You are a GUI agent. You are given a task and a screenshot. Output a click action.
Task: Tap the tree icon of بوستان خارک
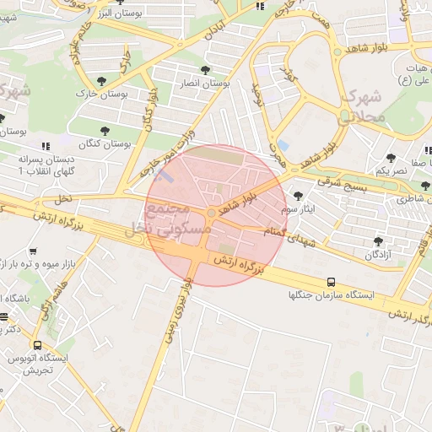pyautogui.click(x=101, y=82)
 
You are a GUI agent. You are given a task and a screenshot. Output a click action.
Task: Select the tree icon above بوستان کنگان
pyautogui.click(x=105, y=132)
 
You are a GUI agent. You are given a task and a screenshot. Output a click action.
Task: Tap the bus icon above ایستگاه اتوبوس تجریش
pyautogui.click(x=37, y=345)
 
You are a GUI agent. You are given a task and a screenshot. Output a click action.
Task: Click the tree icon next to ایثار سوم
pyautogui.click(x=298, y=196)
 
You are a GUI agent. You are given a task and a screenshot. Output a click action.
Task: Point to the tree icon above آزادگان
pyautogui.click(x=377, y=241)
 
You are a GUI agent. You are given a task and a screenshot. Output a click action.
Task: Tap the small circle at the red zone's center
pyautogui.click(x=210, y=212)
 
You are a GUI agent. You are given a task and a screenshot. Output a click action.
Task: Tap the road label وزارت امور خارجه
pyautogui.click(x=172, y=154)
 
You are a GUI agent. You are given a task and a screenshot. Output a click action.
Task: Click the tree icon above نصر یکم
pyautogui.click(x=391, y=158)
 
